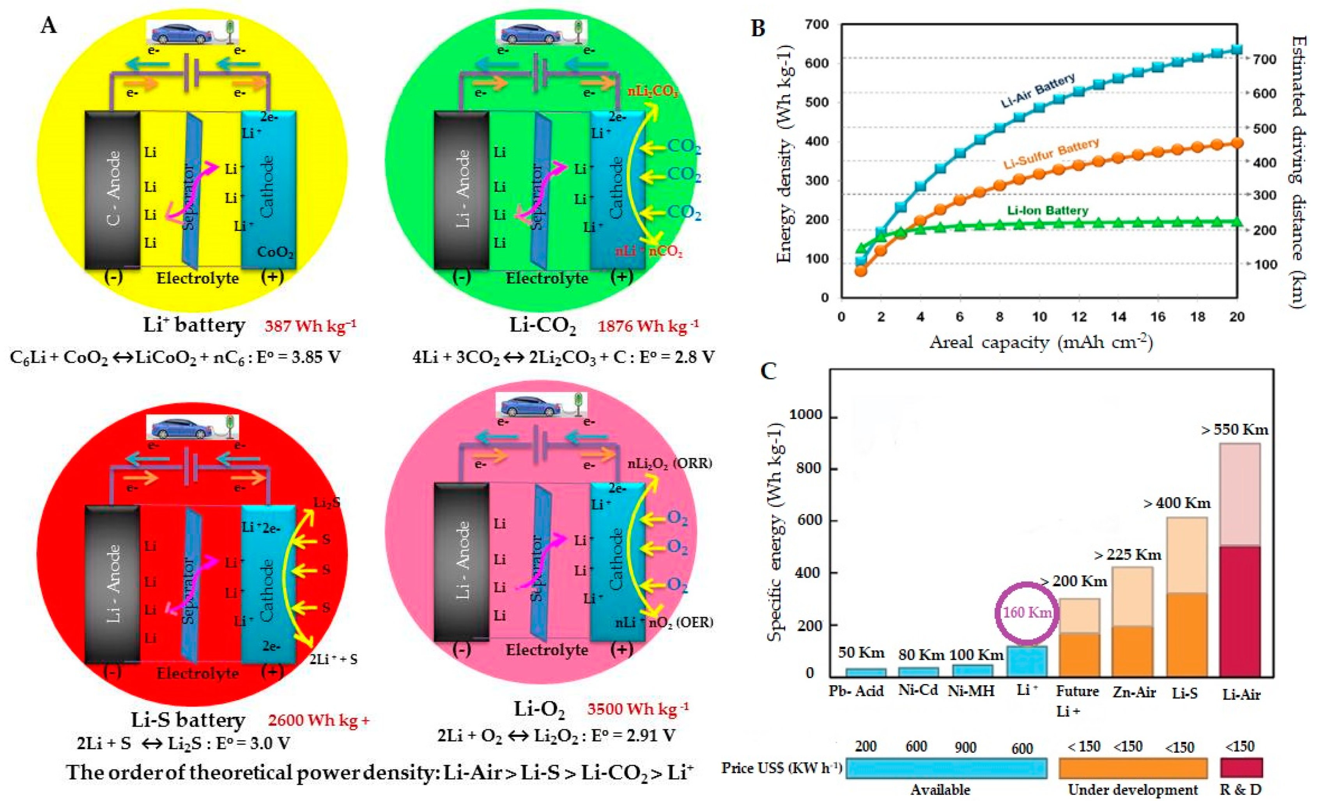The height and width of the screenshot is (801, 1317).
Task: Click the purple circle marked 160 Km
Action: (x=1026, y=613)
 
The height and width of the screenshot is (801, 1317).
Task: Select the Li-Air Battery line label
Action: (x=1037, y=91)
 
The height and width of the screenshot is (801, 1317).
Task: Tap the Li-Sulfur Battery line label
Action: (x=1051, y=154)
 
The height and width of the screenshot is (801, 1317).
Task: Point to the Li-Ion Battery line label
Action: (x=1048, y=210)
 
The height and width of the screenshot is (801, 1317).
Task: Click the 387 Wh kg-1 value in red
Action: (x=310, y=326)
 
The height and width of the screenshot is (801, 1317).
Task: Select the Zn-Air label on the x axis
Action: (x=1134, y=693)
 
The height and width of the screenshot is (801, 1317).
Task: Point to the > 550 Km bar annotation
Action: (x=1234, y=429)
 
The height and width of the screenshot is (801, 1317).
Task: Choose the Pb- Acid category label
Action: (x=856, y=691)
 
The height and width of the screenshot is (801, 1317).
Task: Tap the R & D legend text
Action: (x=1240, y=789)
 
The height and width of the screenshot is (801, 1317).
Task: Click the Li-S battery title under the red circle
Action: (x=188, y=720)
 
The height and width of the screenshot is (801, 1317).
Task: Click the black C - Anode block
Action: (x=113, y=190)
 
